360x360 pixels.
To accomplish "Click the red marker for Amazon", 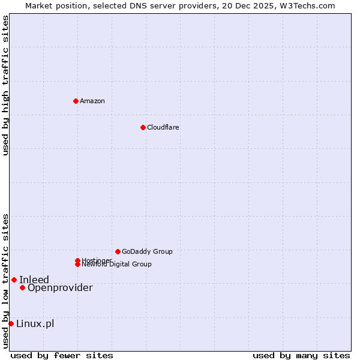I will (76, 101).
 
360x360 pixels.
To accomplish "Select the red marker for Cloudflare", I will (143, 127).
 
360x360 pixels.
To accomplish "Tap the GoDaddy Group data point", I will (118, 251).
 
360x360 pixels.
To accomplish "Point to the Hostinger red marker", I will (77, 260).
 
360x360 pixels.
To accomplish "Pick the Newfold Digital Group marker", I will (78, 265).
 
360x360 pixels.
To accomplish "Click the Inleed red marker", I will (14, 280).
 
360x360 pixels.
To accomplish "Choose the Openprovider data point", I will (22, 287).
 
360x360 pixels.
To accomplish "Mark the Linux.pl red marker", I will (11, 324).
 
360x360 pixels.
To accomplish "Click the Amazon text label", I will (92, 101).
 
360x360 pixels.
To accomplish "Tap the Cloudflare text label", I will (163, 127).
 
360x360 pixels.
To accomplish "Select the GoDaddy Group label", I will (147, 251).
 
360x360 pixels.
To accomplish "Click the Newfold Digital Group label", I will (117, 265).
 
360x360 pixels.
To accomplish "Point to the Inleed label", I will (34, 280).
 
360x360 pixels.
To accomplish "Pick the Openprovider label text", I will (60, 287).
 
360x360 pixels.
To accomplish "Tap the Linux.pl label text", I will (35, 324).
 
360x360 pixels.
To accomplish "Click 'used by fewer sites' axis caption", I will (62, 355).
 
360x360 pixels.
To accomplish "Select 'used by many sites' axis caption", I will (301, 355).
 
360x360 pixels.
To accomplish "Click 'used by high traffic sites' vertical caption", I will (5, 85).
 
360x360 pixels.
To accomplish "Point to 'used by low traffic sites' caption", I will (5, 281).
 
